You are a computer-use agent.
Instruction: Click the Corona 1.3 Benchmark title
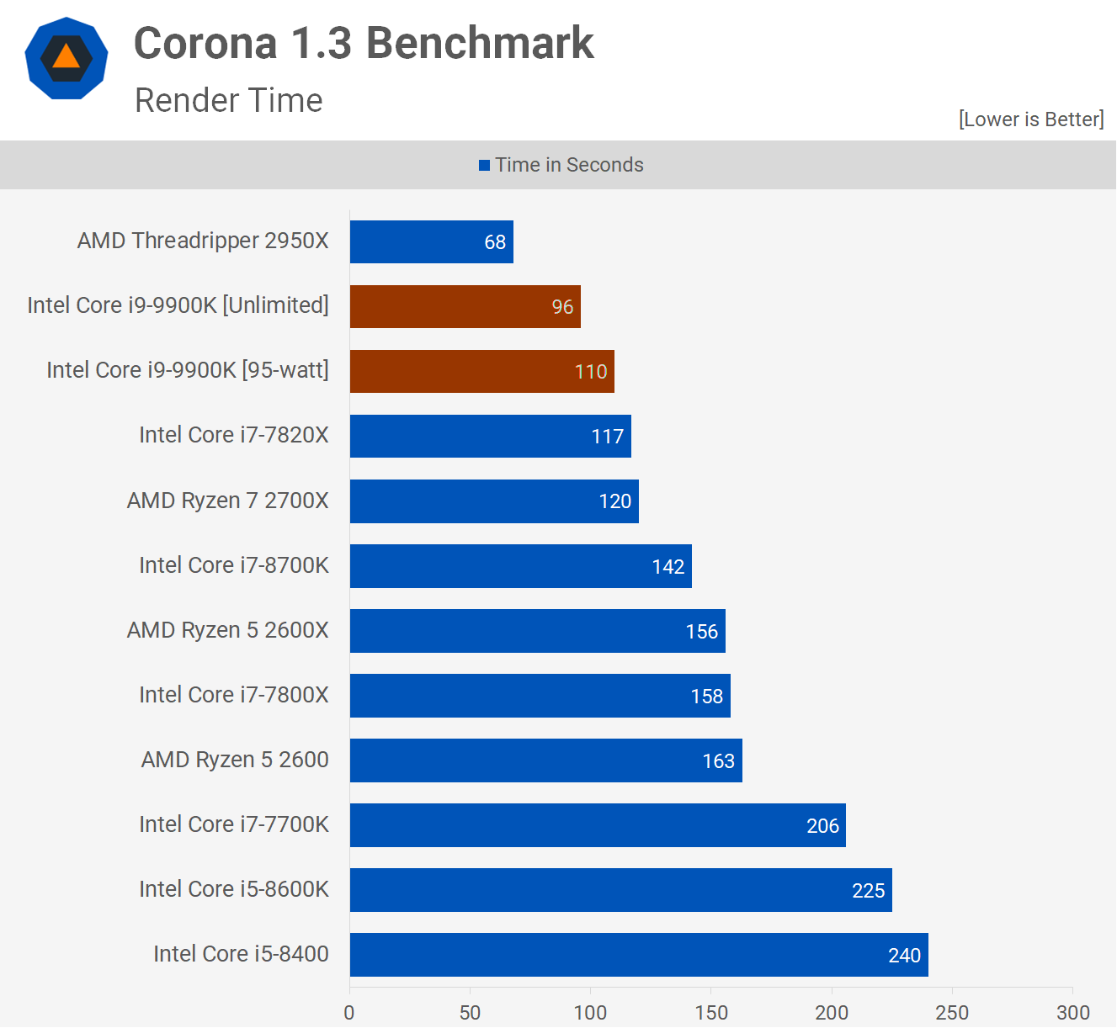pos(364,43)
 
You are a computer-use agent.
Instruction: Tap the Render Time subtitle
pos(228,100)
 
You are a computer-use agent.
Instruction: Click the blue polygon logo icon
pos(66,58)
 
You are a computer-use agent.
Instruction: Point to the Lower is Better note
pos(1030,119)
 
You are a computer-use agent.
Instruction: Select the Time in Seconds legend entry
pos(561,165)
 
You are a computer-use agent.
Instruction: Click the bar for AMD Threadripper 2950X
pos(431,242)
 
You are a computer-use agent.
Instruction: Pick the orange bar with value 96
pos(465,307)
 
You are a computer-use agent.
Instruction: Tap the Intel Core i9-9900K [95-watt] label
pos(187,370)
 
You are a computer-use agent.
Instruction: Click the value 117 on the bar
pos(607,437)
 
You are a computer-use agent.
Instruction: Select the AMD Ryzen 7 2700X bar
pos(494,501)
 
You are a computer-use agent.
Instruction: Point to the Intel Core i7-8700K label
pos(233,565)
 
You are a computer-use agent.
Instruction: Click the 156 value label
pos(701,632)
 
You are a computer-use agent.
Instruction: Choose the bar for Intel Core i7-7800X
pos(540,696)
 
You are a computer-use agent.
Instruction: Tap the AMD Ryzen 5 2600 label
pos(234,760)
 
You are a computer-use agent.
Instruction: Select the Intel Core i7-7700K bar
pos(598,825)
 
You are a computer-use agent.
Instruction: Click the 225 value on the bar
pos(868,891)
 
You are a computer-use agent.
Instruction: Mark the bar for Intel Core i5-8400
pos(639,955)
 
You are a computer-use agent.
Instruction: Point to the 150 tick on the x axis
pos(711,1012)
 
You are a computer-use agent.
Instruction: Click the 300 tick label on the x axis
pos(1073,1012)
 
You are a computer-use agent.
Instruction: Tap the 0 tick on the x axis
pos(349,1012)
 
